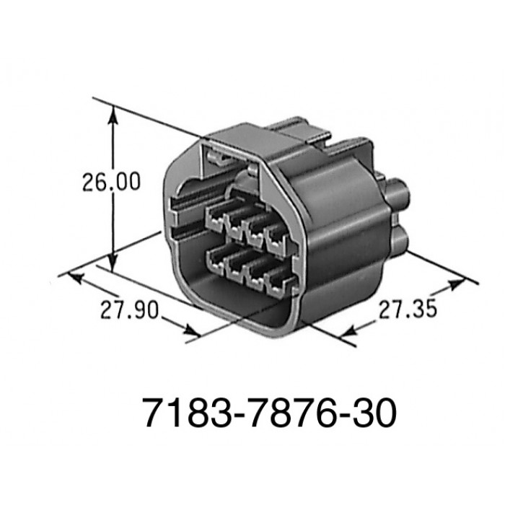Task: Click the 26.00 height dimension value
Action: (x=111, y=182)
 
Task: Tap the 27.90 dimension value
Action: (x=130, y=310)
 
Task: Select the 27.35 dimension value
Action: (x=408, y=309)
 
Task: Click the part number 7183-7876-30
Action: (x=269, y=413)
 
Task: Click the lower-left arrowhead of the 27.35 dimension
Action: (x=347, y=332)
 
